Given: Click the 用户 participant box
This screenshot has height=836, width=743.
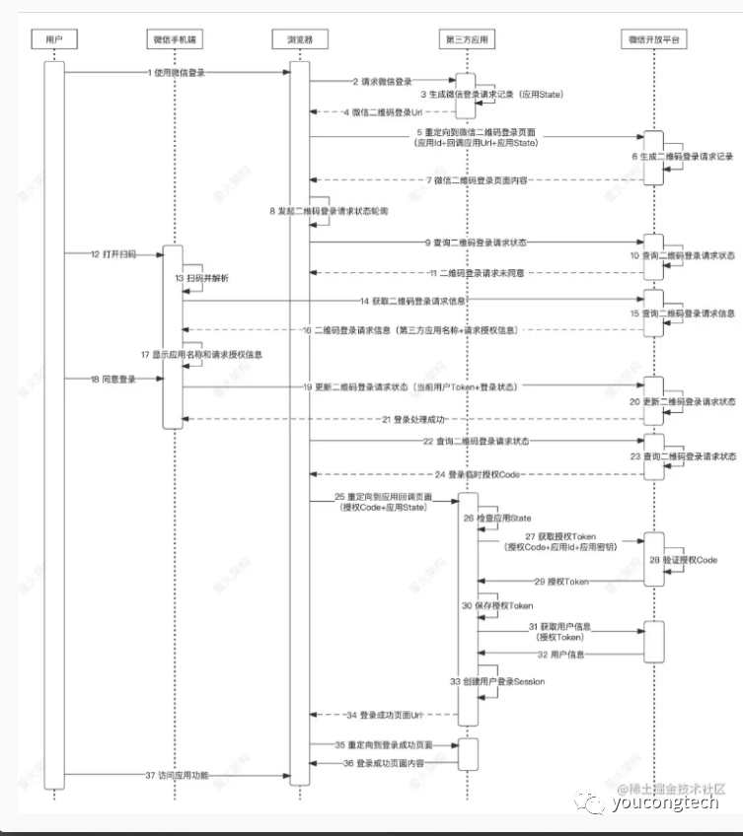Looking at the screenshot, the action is click(x=54, y=39).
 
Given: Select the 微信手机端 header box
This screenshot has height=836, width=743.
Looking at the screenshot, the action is click(x=174, y=39).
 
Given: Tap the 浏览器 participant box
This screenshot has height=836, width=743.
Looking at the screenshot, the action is click(x=294, y=39).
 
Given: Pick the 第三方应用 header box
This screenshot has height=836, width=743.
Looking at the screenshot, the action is click(x=467, y=39).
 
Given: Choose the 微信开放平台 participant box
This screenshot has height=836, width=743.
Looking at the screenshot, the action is click(x=653, y=39).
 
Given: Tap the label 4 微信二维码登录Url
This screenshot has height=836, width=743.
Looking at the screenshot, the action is click(x=382, y=111).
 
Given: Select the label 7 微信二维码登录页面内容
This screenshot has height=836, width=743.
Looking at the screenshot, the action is click(x=475, y=179).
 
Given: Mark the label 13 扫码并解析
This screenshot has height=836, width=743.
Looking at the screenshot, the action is click(x=207, y=279).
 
